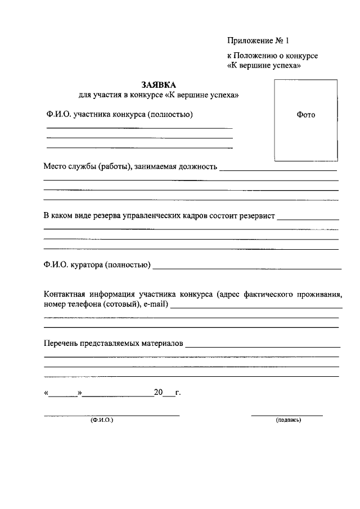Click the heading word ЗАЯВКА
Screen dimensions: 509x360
point(159,84)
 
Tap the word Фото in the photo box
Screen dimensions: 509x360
point(305,115)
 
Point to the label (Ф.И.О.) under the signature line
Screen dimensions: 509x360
point(101,420)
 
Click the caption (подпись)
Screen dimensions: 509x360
point(288,420)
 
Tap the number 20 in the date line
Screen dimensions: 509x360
point(158,392)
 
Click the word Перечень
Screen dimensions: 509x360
point(60,343)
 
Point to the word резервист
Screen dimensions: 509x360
point(258,216)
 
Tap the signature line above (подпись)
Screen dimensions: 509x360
point(287,415)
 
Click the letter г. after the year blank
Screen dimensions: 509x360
point(178,392)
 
